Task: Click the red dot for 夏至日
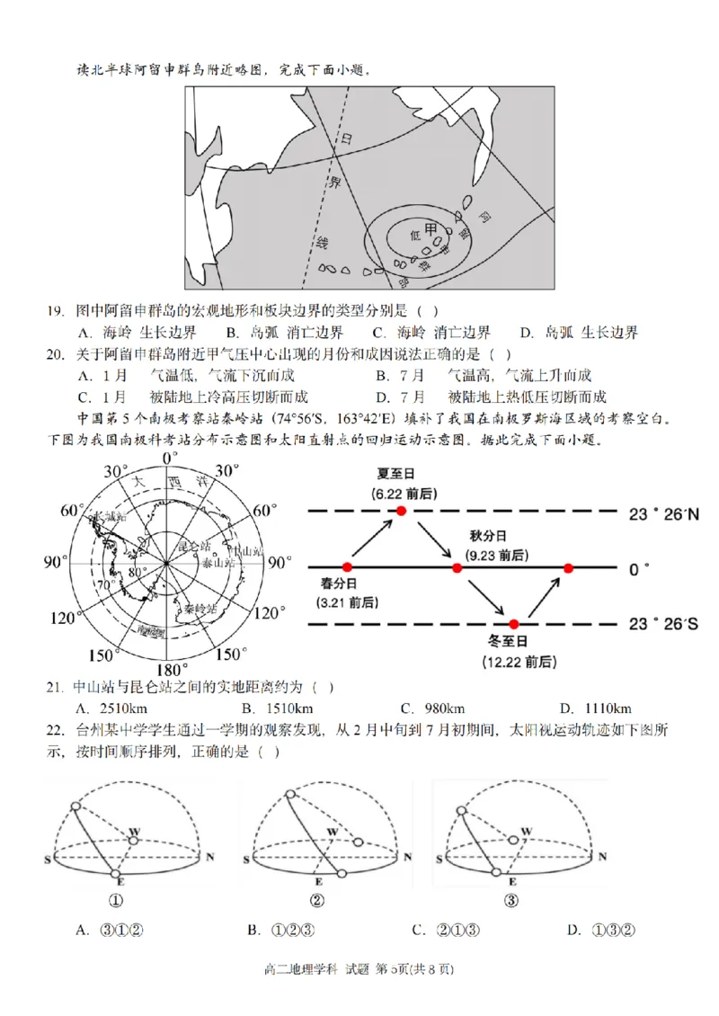click(402, 511)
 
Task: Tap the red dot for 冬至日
click(514, 624)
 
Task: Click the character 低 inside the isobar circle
click(414, 234)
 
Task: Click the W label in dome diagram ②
click(333, 832)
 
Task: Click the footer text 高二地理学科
click(300, 994)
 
